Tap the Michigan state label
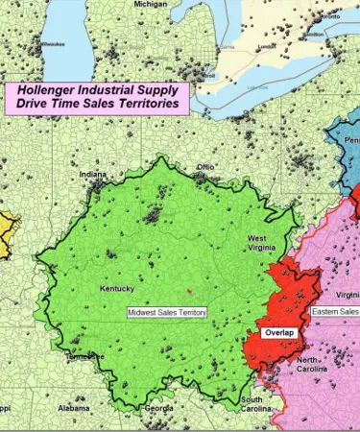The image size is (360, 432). (150, 4)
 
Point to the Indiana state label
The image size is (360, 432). (94, 175)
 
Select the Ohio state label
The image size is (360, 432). (205, 167)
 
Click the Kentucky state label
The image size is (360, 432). (116, 288)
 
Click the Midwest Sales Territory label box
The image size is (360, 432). (167, 312)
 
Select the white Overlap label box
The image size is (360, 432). (280, 333)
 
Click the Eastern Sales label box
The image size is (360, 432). (335, 312)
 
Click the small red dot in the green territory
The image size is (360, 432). (189, 290)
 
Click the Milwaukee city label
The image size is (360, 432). (54, 43)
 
